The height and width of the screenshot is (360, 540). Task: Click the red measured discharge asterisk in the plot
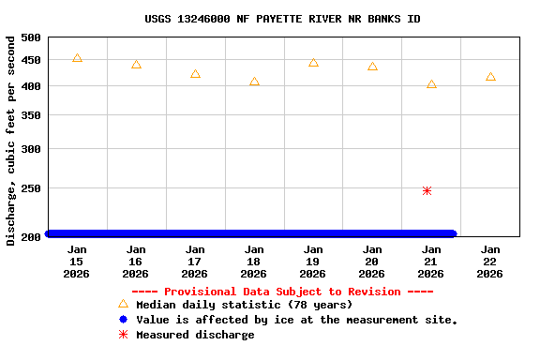click(427, 190)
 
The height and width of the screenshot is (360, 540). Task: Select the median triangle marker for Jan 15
click(77, 58)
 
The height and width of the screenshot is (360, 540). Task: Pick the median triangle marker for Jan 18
click(254, 82)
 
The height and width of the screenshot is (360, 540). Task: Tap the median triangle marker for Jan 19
click(313, 63)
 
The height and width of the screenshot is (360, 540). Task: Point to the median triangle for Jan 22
click(490, 77)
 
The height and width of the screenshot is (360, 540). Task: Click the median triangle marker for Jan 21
click(431, 84)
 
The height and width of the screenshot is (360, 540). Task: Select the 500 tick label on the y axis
click(31, 37)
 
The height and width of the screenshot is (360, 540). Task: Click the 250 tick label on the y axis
click(31, 188)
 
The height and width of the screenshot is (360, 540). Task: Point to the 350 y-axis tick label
click(31, 115)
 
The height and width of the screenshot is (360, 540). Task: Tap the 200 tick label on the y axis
click(31, 236)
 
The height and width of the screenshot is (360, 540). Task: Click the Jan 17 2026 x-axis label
click(195, 262)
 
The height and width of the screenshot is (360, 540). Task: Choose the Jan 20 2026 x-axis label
click(372, 262)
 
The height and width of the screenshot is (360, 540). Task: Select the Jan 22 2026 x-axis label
click(490, 262)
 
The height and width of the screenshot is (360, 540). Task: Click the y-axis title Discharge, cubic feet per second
click(11, 141)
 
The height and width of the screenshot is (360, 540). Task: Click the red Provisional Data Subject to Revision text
click(282, 292)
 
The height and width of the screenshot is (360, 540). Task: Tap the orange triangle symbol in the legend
click(123, 305)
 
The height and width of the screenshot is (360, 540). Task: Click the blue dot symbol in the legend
click(123, 320)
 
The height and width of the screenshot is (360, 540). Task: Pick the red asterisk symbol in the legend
click(123, 335)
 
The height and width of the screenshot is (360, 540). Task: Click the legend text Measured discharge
click(195, 335)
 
